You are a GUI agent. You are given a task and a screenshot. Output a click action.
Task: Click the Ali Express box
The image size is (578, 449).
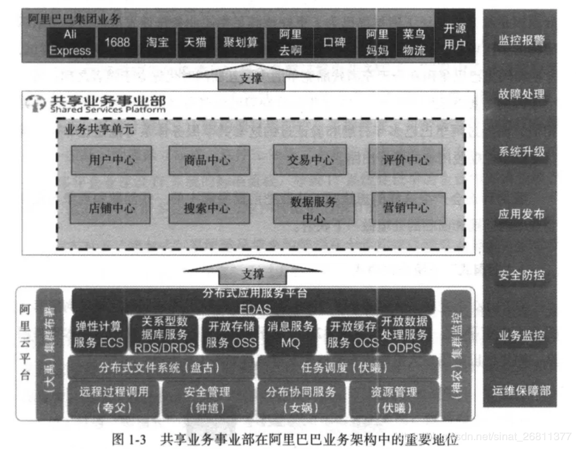(x=69, y=42)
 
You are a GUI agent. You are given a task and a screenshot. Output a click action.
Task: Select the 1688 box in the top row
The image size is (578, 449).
(x=117, y=42)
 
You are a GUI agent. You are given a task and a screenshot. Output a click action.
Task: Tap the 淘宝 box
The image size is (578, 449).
(x=157, y=42)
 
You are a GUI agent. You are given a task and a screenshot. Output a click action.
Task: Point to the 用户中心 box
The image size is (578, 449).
(x=111, y=161)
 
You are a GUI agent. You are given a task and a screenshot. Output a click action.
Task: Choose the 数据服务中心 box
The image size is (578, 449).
(x=313, y=209)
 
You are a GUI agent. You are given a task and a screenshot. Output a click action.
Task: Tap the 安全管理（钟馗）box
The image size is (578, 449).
(x=206, y=399)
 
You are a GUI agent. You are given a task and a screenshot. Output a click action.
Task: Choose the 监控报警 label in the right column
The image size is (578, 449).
(x=521, y=40)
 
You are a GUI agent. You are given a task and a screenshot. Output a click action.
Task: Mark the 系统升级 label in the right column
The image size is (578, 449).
(x=521, y=151)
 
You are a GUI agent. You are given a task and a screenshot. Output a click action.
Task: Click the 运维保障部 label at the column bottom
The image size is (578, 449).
(x=521, y=390)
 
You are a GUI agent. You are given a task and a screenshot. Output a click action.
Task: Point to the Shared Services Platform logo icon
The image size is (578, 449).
(x=35, y=104)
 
